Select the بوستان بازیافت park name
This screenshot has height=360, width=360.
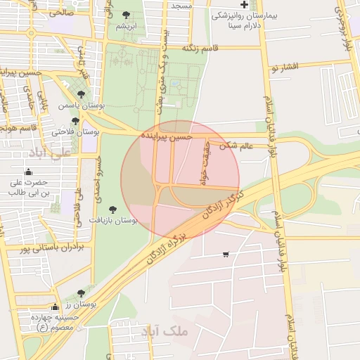point(113,221)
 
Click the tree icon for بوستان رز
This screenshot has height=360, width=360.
point(81,293)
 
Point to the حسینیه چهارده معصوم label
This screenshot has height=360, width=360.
point(53,322)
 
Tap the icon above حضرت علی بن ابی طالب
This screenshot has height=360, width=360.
point(28,172)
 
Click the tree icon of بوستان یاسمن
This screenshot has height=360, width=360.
point(82,94)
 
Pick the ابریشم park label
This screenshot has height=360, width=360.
point(126,26)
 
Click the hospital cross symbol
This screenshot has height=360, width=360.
point(244,4)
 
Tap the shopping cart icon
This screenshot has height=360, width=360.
point(225,254)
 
